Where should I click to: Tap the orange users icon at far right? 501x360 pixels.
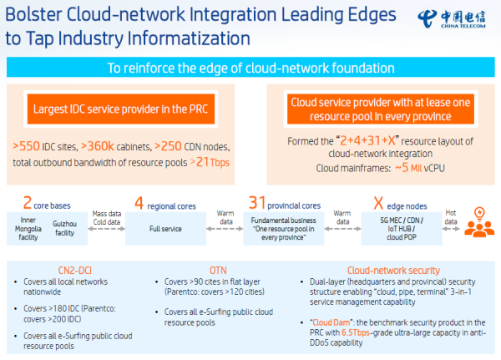point(478,221)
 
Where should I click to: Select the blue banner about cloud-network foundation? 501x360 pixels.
point(250,68)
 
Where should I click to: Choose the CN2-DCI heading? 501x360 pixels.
point(58,270)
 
